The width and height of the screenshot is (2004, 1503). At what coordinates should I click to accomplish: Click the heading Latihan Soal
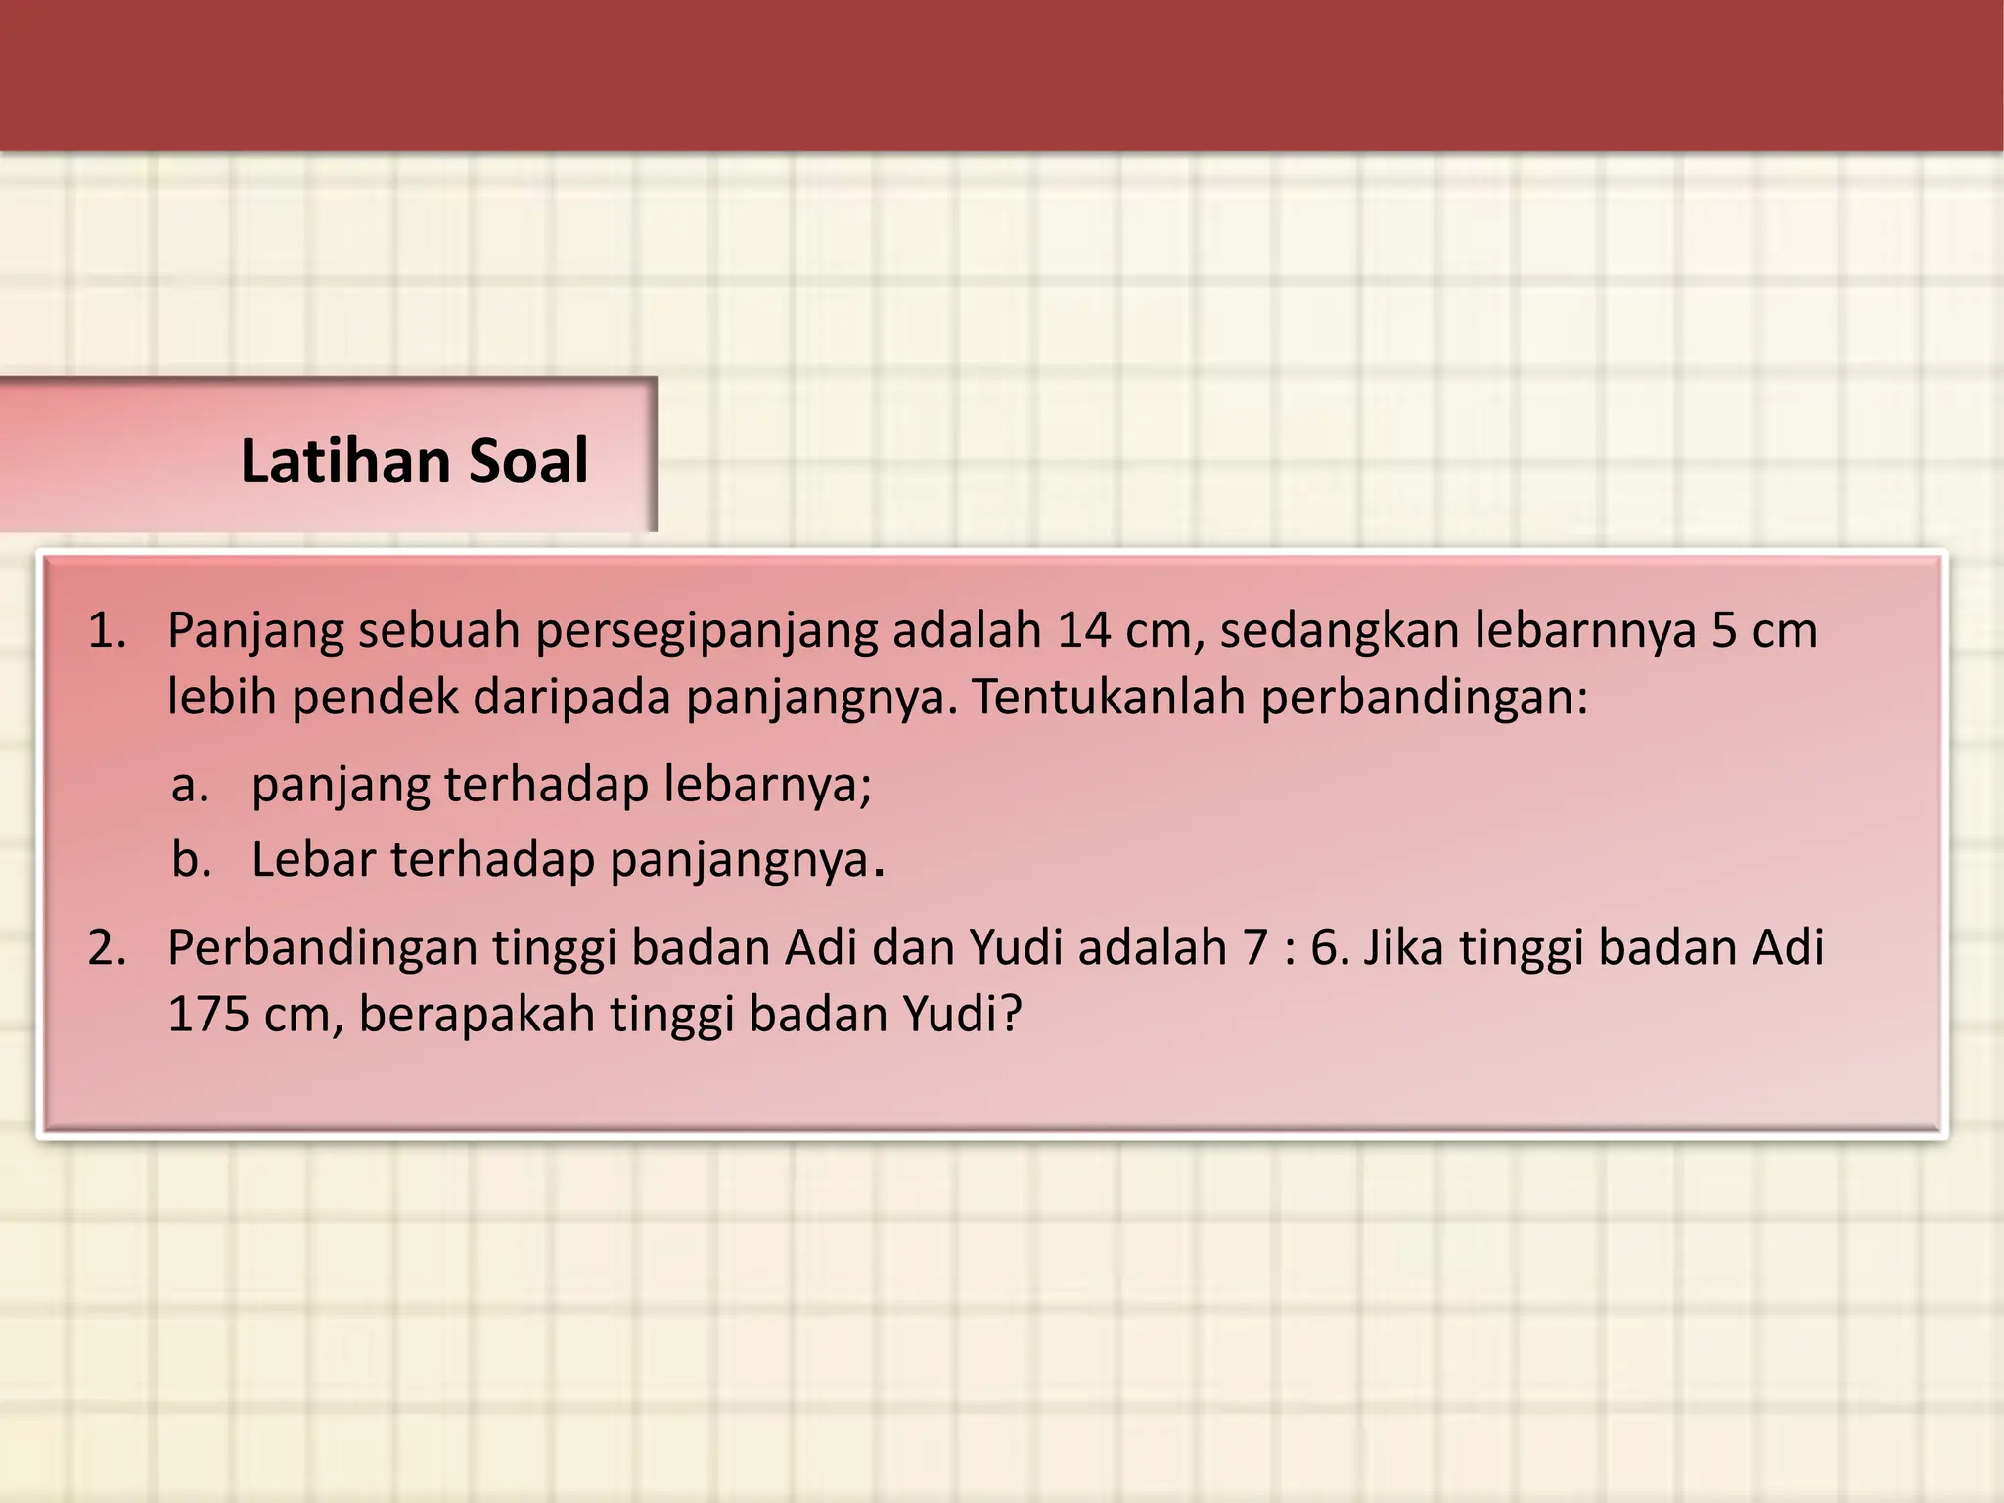(414, 461)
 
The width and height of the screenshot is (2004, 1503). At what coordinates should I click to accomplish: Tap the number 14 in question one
(1084, 631)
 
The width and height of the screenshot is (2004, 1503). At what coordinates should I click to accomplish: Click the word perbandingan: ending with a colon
(1424, 698)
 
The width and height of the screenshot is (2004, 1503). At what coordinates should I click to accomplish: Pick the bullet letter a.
(189, 785)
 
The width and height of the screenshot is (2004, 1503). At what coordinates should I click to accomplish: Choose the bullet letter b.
(191, 859)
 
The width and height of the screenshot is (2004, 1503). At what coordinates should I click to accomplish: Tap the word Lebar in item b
(313, 859)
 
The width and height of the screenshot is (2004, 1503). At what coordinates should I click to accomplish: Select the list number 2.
(107, 947)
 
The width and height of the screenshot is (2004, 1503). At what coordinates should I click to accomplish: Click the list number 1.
(107, 631)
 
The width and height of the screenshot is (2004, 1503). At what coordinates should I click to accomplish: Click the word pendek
(375, 698)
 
